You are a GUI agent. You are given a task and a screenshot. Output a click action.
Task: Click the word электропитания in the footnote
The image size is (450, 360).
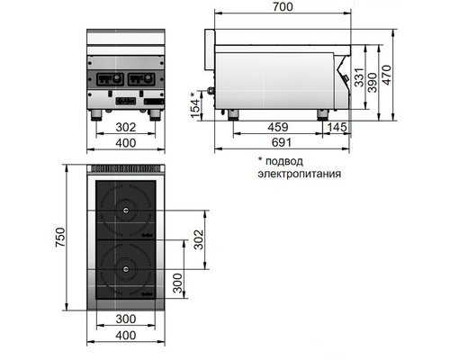tap(299, 174)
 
